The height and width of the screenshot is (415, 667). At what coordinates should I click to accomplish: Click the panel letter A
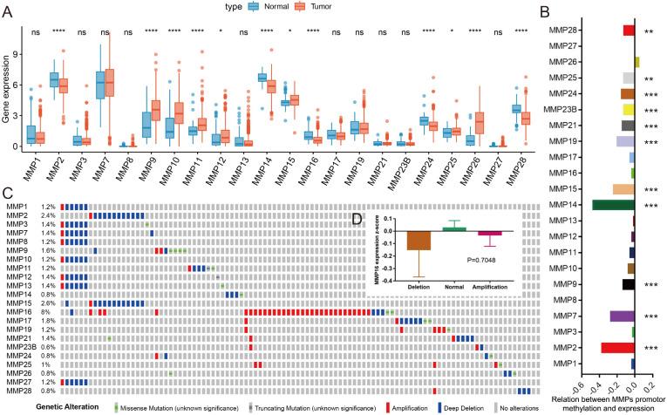8,10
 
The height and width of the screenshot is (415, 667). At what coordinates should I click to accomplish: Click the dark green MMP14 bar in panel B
613,204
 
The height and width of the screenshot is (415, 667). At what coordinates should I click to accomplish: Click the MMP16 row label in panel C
20,310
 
